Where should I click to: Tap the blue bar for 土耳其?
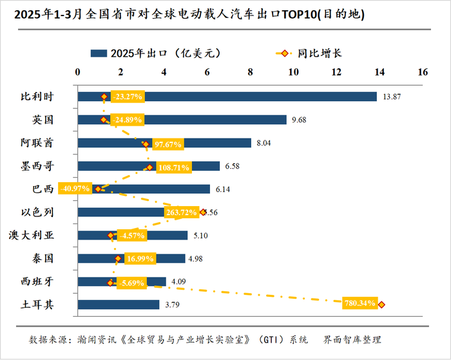119,305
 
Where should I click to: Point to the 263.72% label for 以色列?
182,213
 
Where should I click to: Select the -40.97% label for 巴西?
73,189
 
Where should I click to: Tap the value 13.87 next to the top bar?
391,97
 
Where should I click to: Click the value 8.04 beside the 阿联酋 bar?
264,143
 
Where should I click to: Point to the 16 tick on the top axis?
422,72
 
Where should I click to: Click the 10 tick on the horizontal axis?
293,72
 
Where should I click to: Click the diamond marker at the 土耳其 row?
381,305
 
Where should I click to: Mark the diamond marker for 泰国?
117,259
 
